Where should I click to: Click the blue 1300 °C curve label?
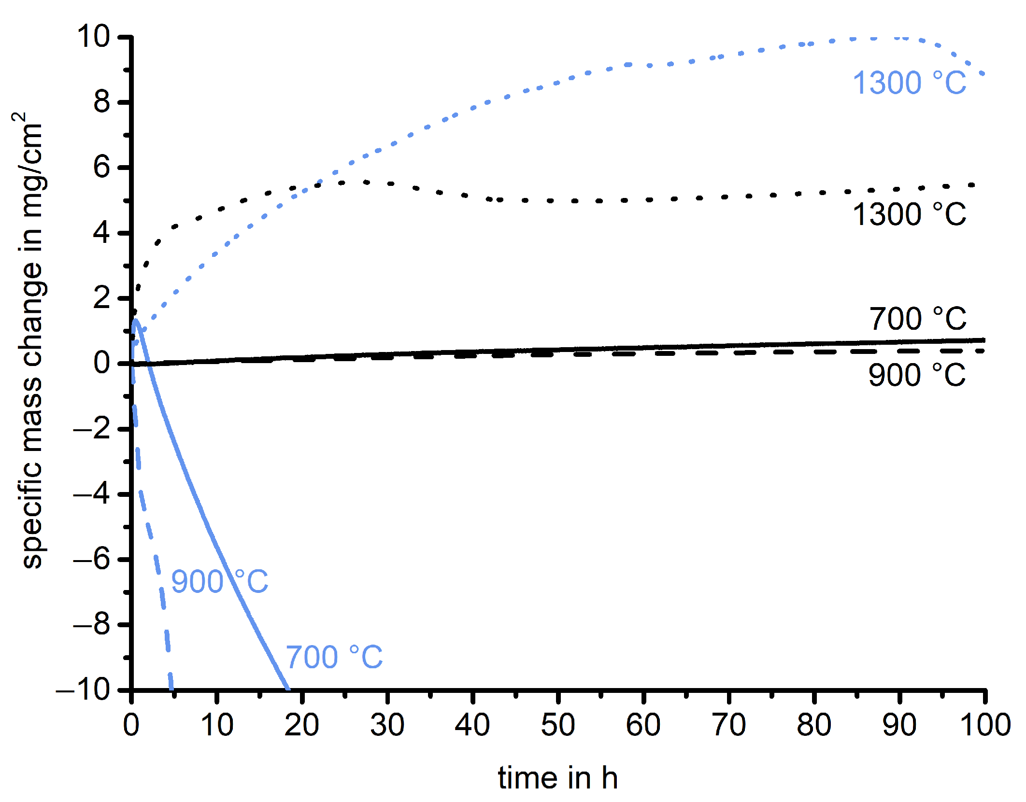click(x=909, y=83)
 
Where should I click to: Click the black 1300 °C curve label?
click(x=909, y=214)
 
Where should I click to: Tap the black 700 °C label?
click(x=917, y=319)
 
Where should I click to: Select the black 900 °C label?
click(x=916, y=375)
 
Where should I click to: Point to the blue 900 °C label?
click(x=219, y=581)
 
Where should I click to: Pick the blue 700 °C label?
click(x=334, y=657)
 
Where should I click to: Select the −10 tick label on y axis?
click(x=83, y=689)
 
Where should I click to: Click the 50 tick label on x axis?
click(x=558, y=725)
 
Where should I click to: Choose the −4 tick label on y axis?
click(x=91, y=494)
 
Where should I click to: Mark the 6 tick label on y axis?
click(x=101, y=168)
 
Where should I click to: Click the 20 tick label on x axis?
click(x=302, y=725)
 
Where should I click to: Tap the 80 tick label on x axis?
click(x=814, y=725)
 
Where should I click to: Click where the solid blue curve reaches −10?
click(x=288, y=688)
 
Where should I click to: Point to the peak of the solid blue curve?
click(x=136, y=320)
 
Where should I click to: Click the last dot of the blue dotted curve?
click(x=982, y=73)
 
